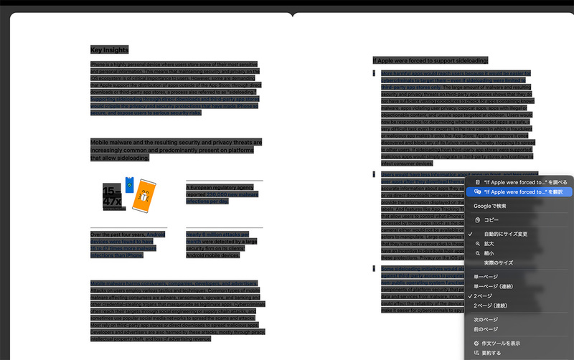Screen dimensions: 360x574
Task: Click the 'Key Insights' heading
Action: coord(109,49)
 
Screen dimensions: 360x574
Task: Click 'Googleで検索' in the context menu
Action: coord(490,206)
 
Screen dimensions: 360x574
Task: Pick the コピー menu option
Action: coord(491,219)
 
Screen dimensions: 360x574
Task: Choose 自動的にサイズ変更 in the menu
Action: coord(506,234)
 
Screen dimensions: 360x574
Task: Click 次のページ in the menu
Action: coord(488,319)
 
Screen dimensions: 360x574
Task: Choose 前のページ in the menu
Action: coord(488,329)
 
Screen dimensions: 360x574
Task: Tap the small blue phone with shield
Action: coord(129,185)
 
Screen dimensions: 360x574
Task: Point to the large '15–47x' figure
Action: coord(111,196)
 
